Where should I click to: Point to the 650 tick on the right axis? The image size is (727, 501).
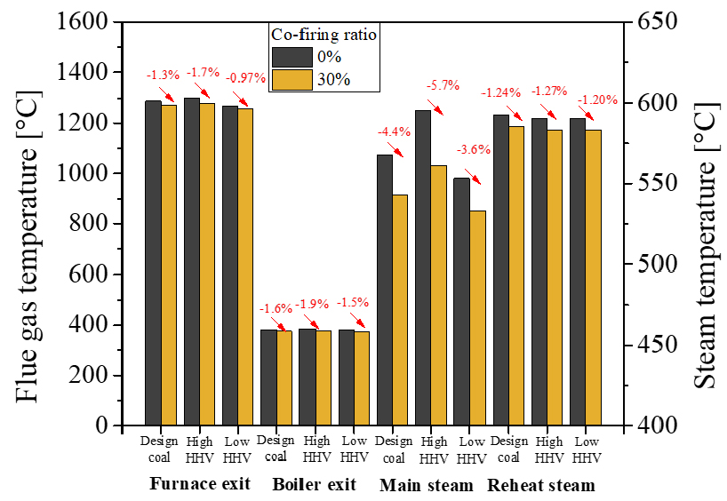651,22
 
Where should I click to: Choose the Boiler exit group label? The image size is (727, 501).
314,485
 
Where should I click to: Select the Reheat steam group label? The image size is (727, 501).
541,485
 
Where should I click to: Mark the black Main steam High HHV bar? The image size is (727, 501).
424,267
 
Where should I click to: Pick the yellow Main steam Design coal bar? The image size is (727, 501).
401,310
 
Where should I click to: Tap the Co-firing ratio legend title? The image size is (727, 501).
324,35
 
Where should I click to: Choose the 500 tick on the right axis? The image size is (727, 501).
651,265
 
